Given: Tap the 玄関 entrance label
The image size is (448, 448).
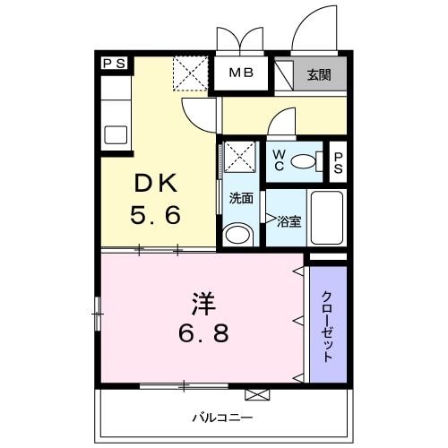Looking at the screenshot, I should coord(318,74).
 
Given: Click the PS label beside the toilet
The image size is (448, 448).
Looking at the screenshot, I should coord(338,162).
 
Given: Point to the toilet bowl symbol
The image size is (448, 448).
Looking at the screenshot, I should coord(307,162).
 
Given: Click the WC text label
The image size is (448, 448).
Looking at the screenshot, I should coord(279,160).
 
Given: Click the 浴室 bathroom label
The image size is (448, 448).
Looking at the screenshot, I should coord(289,219).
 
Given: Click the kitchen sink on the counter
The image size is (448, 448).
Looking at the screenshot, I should coord(116,135).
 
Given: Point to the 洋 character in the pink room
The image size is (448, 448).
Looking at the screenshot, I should coord(201,302).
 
